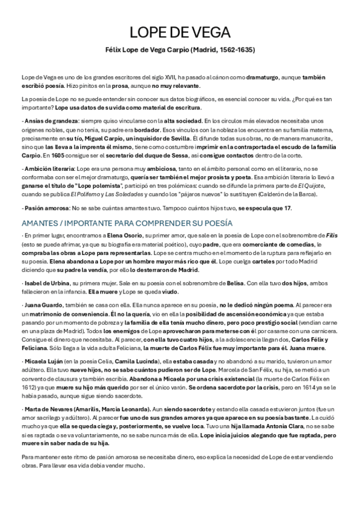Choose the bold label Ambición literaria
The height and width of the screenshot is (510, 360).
pyautogui.click(x=47, y=168)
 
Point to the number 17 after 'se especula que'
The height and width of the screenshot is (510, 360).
pyautogui.click(x=288, y=208)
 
